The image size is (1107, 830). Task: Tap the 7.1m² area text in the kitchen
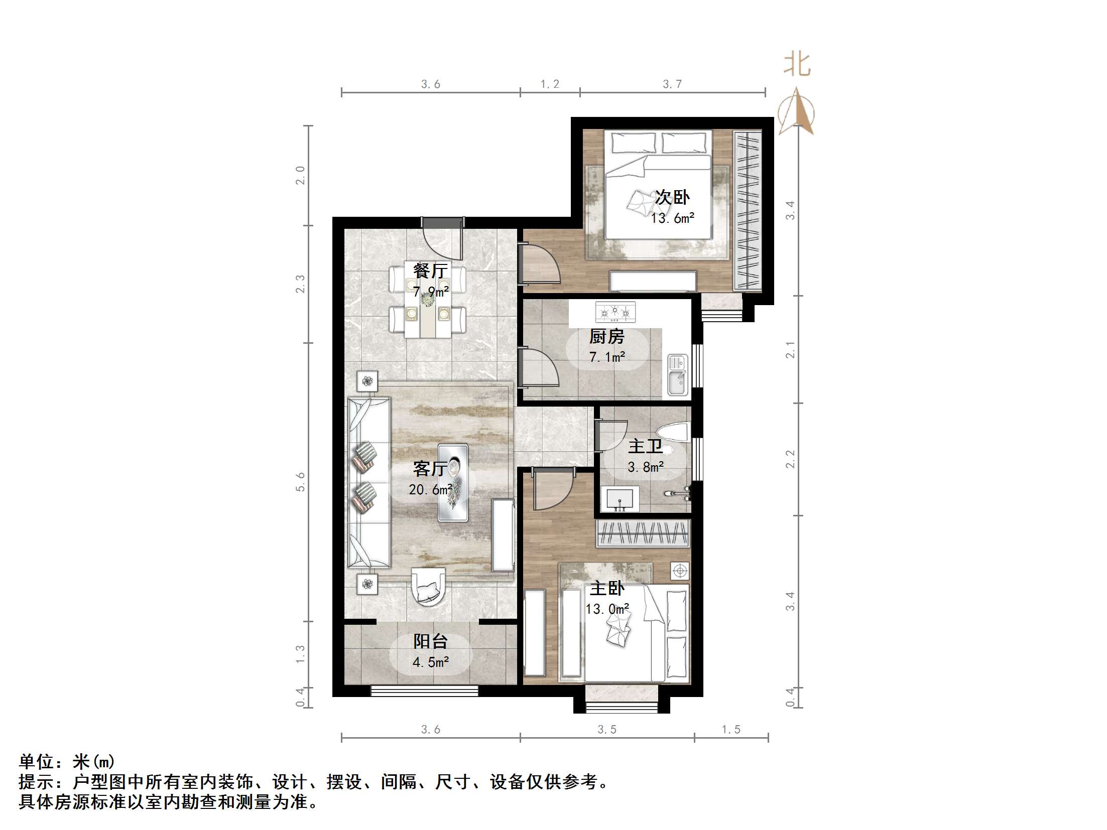(x=607, y=357)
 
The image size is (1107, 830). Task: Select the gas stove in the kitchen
(x=615, y=312)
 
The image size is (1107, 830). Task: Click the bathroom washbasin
(x=620, y=499)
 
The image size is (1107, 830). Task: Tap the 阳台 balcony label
(x=430, y=641)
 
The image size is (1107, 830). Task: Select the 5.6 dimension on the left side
(x=300, y=482)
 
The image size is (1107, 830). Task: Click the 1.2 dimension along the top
(x=550, y=84)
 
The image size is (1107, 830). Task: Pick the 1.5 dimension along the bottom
(x=731, y=729)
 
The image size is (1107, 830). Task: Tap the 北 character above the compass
(x=797, y=65)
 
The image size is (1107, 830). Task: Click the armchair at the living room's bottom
(x=428, y=587)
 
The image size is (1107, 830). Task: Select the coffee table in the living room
(x=453, y=482)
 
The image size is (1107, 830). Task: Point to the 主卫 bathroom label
(x=645, y=446)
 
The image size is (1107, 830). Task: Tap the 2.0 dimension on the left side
(x=300, y=176)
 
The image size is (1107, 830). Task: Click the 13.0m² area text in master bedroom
(x=607, y=609)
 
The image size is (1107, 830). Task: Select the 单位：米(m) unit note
(x=67, y=762)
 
